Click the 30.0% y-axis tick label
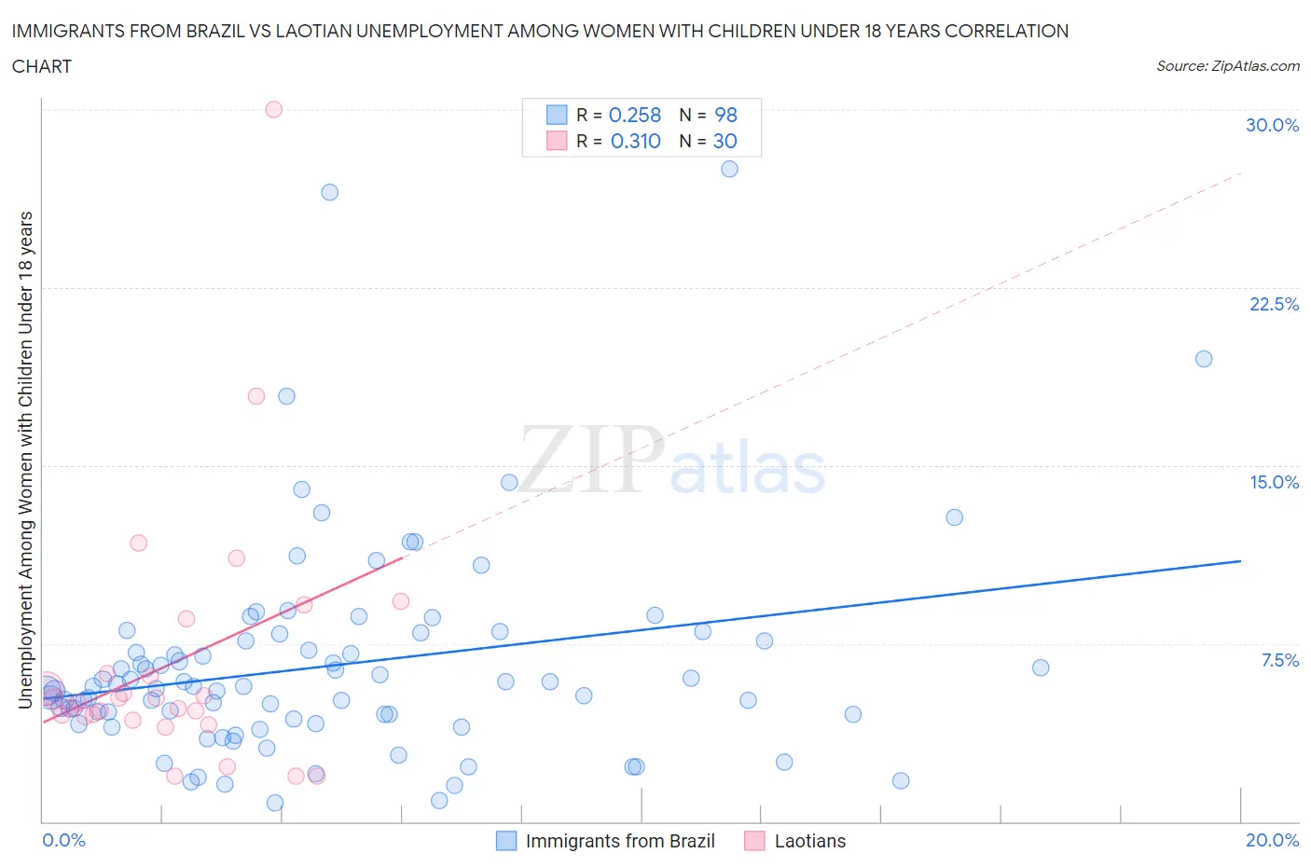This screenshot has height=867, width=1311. [x=1272, y=125]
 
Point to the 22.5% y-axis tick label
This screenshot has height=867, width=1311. [x=1274, y=304]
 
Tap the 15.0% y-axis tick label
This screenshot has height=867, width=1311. [x=1274, y=482]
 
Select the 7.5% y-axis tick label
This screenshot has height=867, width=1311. [x=1279, y=660]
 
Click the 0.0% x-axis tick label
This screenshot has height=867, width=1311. [x=63, y=840]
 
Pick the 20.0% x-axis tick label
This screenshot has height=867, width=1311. [x=1272, y=840]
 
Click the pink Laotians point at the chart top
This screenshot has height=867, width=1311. [x=273, y=109]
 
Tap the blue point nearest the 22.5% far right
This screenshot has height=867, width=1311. [x=1204, y=359]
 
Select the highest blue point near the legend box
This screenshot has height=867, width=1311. [x=729, y=169]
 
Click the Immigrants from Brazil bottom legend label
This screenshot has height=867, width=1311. [x=620, y=841]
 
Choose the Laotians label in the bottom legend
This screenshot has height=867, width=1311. [x=810, y=841]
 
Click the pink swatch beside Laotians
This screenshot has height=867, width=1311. [x=754, y=841]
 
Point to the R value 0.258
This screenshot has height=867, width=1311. [x=635, y=115]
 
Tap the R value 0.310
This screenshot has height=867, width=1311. [x=635, y=141]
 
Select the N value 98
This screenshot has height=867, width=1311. [x=725, y=115]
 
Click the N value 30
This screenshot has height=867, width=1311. [x=724, y=141]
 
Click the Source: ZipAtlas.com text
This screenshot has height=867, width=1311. [x=1227, y=65]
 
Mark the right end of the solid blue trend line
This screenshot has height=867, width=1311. [x=1240, y=560]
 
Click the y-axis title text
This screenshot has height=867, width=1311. [x=25, y=460]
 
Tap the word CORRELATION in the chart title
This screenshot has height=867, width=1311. [x=1007, y=31]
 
